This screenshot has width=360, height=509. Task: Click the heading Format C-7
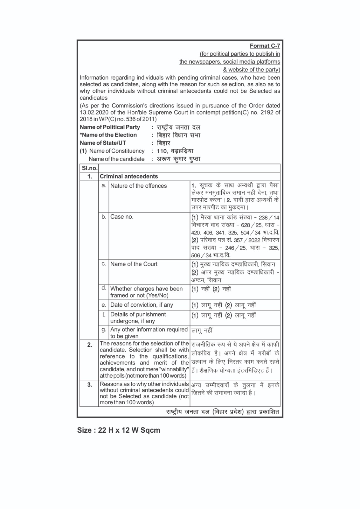265,46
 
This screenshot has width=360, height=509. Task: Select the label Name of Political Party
110,127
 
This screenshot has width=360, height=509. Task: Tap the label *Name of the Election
108,135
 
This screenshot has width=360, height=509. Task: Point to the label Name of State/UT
103,143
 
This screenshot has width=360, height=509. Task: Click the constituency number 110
162,151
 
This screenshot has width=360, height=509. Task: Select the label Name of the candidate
116,159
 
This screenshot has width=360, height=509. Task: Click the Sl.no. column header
89,168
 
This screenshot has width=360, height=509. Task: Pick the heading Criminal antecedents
129,177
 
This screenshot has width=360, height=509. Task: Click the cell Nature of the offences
138,186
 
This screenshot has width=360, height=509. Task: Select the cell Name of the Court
134,264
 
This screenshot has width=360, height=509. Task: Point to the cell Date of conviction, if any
142,305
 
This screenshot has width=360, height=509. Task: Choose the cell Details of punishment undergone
138,317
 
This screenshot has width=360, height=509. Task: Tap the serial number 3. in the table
90,385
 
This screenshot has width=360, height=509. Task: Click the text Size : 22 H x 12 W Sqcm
119,430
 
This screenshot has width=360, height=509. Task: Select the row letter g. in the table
104,330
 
